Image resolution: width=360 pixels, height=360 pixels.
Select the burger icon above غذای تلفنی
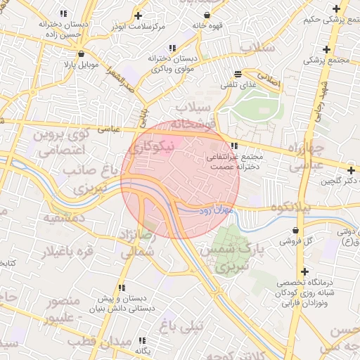click(238, 73)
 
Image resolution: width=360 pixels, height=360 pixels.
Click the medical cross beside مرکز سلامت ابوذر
click(138, 15)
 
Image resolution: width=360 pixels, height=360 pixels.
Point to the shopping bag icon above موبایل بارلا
click(82, 53)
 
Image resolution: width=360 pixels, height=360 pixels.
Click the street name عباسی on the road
click(108, 129)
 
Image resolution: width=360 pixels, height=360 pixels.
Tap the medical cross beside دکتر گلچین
click(350, 169)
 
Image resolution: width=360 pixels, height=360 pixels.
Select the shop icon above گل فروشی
click(295, 230)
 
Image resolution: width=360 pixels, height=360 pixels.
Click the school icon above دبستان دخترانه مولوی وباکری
click(153, 49)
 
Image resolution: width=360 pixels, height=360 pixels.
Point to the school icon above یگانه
click(143, 340)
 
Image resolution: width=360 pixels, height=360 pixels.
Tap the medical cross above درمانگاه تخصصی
click(304, 271)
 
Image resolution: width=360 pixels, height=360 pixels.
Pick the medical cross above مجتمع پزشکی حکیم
click(335, 8)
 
